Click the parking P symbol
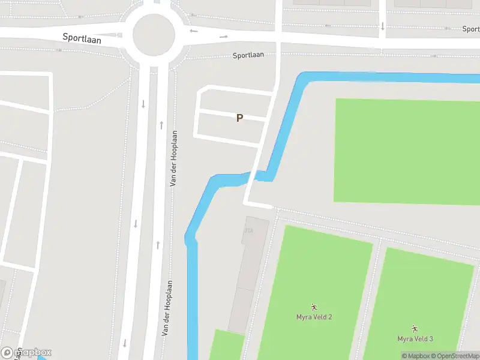(x=239, y=118)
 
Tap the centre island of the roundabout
(x=154, y=35)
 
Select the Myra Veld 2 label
(x=314, y=317)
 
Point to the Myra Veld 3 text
(x=415, y=339)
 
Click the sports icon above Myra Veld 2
(x=314, y=307)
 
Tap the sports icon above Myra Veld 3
(x=415, y=329)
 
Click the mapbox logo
(x=26, y=352)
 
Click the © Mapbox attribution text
(x=417, y=356)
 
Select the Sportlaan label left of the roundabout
(x=82, y=38)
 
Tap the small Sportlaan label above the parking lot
(x=248, y=55)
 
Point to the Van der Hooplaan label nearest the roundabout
(x=173, y=158)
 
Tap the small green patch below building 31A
(x=227, y=346)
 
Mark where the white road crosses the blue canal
(x=259, y=175)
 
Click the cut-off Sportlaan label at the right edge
(x=471, y=29)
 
